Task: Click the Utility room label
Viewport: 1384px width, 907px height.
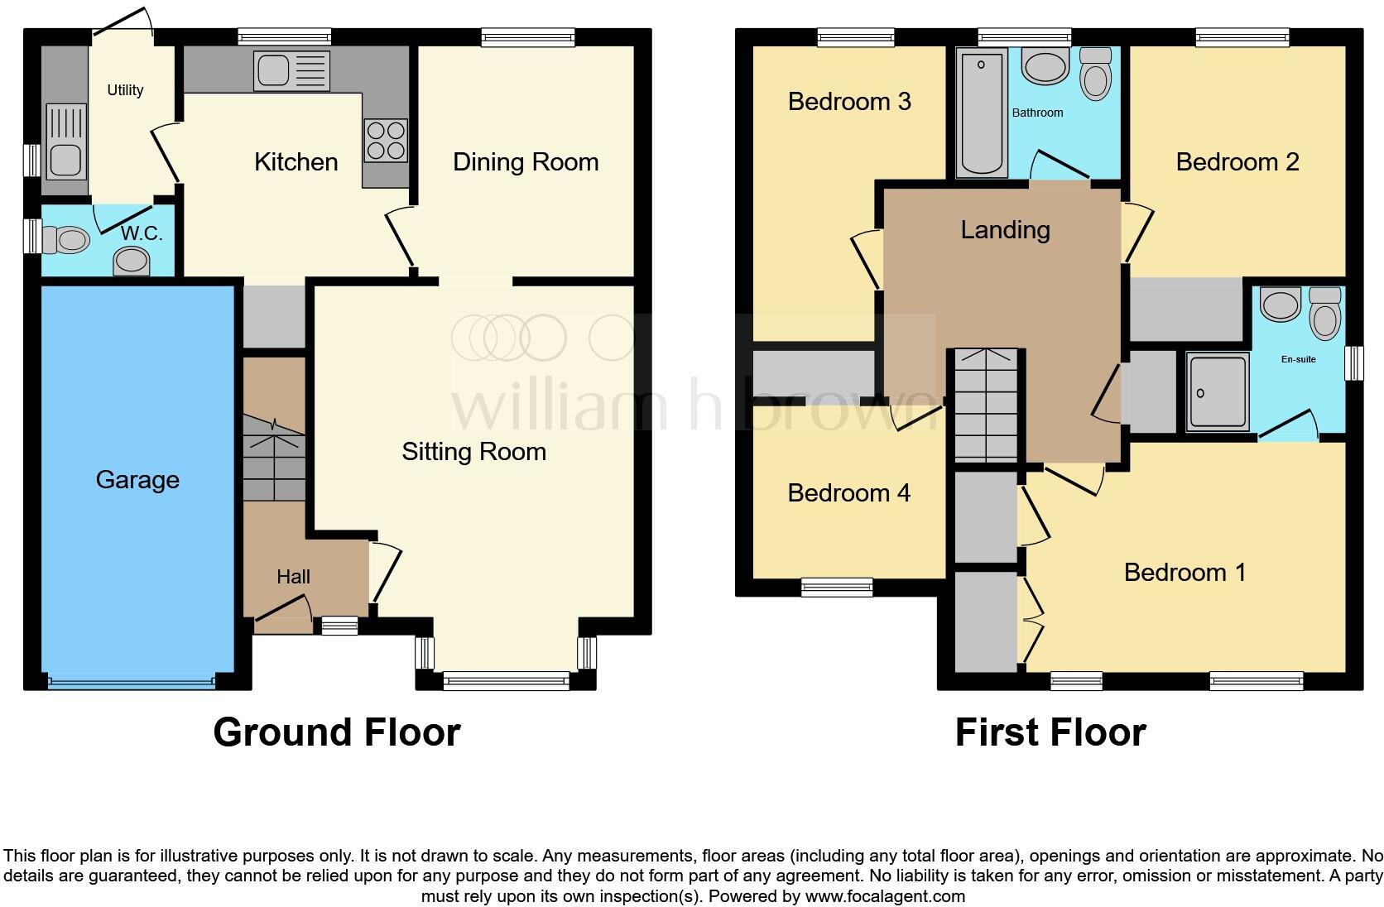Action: (x=125, y=90)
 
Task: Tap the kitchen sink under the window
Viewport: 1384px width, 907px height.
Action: (x=292, y=70)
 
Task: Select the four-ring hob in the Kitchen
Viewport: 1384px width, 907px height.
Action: (x=386, y=141)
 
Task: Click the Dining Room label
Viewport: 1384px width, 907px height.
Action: (x=526, y=162)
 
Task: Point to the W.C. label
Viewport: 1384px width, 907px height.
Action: (x=142, y=234)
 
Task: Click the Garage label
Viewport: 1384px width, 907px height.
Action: (x=137, y=480)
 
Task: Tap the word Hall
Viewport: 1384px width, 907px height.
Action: (x=293, y=577)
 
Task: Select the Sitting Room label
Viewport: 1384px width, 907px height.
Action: (x=473, y=452)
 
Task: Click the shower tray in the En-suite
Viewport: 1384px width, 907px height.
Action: (x=1217, y=392)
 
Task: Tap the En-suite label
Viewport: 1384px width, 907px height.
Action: (x=1298, y=359)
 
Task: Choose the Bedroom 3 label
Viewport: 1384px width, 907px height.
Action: (x=849, y=102)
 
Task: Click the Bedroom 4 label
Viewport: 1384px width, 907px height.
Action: (x=848, y=493)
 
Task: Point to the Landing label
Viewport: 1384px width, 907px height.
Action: (x=1005, y=230)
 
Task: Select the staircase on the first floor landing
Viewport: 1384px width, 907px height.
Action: (x=986, y=406)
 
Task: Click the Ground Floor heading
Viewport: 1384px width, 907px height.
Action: (x=336, y=732)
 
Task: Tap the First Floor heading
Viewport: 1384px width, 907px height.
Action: (x=1050, y=732)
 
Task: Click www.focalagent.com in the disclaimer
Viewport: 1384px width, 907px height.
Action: (x=884, y=895)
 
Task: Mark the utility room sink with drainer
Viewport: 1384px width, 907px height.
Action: (x=65, y=141)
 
